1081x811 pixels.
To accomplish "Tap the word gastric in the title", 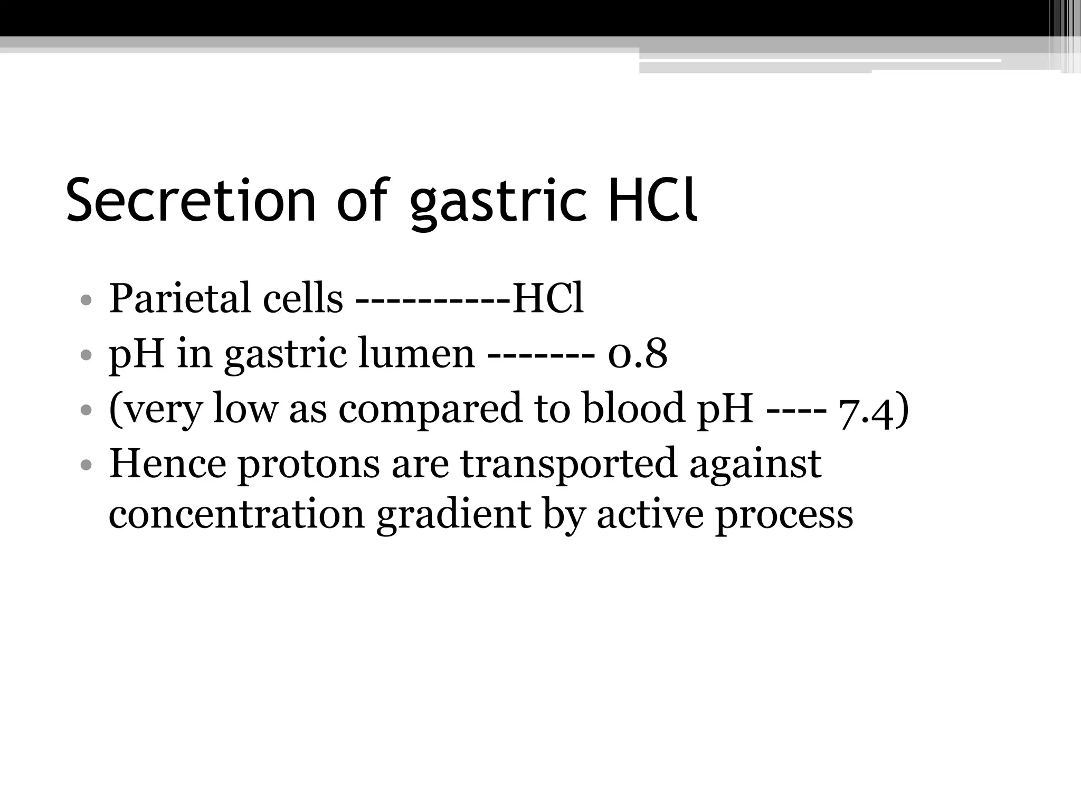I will tap(498, 203).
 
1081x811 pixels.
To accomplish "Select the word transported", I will tap(568, 464).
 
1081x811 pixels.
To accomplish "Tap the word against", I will tap(755, 464).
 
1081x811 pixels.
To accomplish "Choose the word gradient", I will tap(453, 515).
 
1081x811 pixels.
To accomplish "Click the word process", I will tap(784, 516).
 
